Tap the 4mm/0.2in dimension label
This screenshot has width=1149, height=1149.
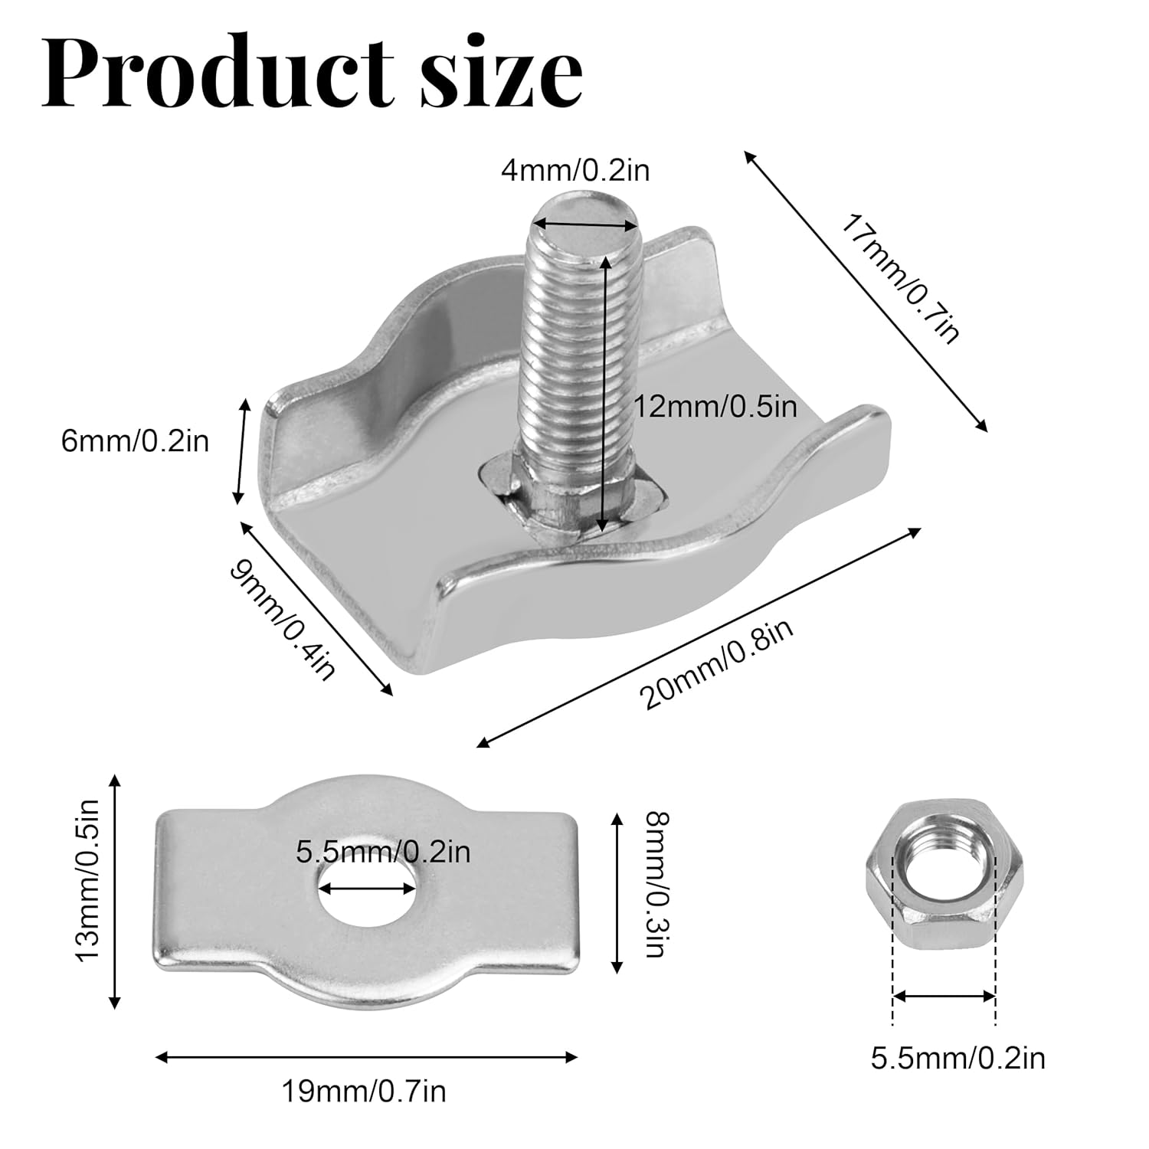[575, 169]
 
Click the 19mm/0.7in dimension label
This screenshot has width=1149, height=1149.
[364, 1090]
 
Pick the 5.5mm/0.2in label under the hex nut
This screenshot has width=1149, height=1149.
[957, 1059]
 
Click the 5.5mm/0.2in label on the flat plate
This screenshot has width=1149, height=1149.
[383, 851]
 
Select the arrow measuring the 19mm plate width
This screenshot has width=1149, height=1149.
[366, 1058]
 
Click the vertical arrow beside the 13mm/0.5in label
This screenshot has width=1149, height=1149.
[115, 891]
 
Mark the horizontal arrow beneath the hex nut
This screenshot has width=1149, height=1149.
[944, 996]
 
